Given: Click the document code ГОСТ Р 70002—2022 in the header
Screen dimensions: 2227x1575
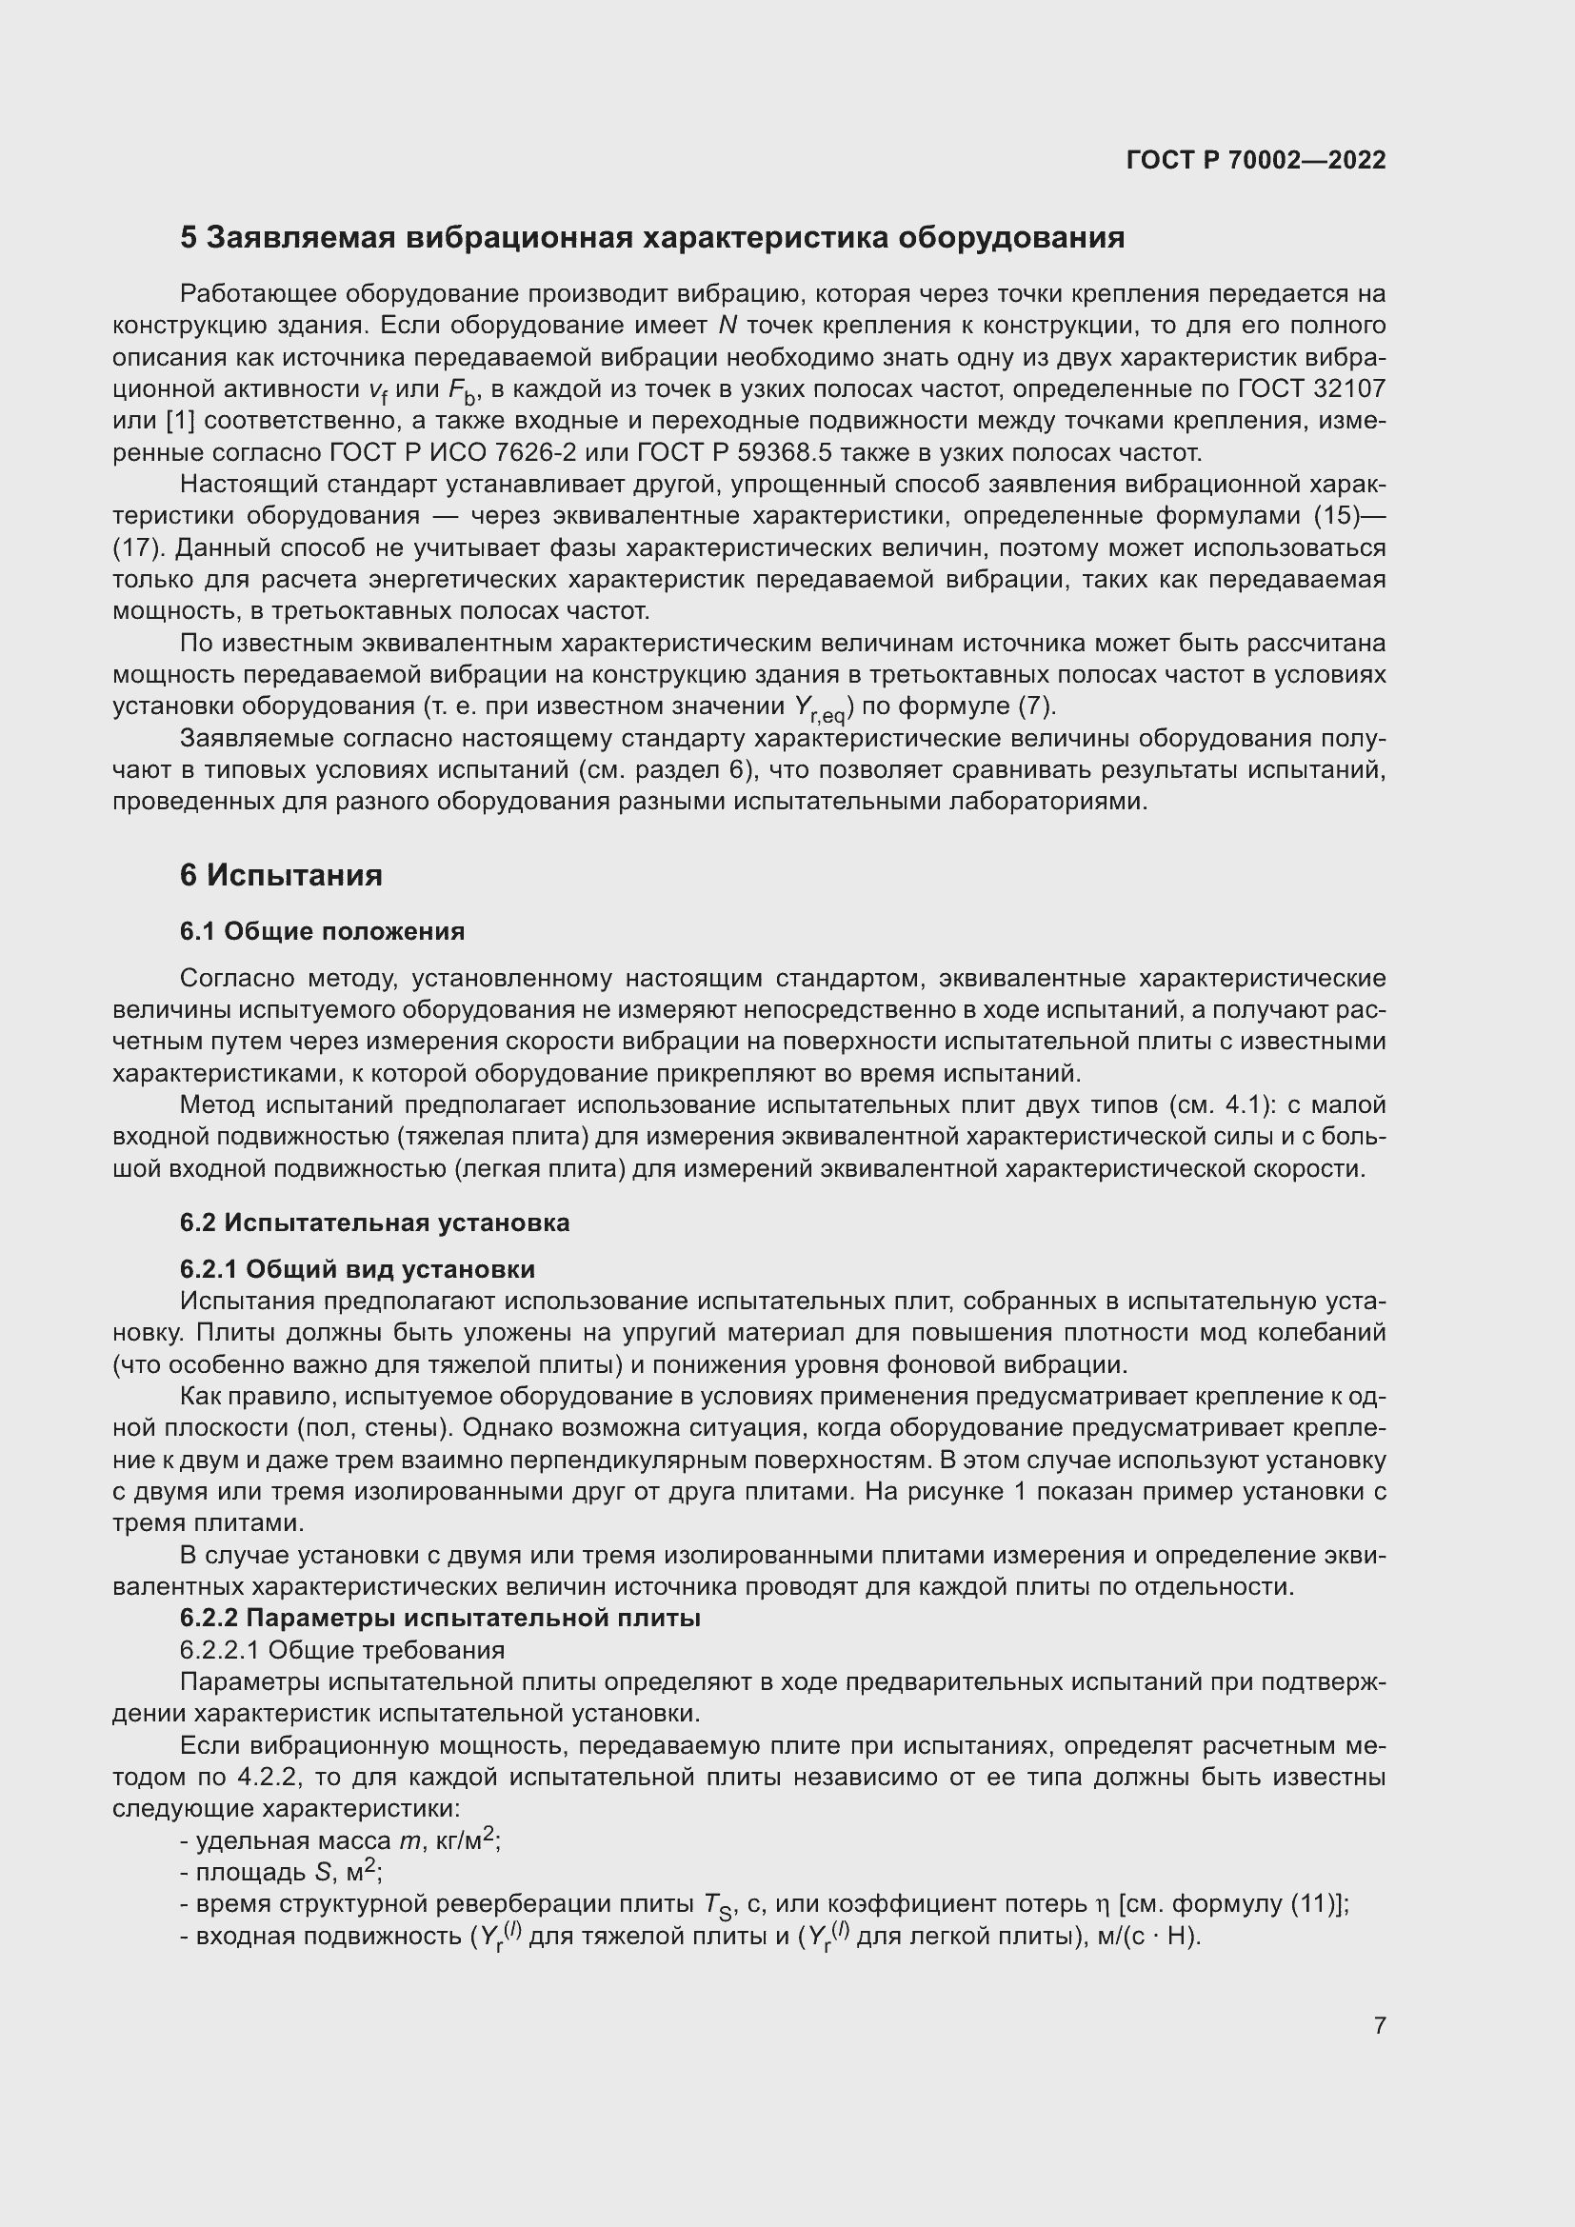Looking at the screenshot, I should [x=1256, y=160].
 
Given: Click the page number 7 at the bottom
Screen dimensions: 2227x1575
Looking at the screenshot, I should [x=1379, y=2025].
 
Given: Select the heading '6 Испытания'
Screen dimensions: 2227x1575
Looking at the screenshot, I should [x=280, y=875].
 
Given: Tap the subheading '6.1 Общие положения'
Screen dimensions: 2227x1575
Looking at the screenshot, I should [x=322, y=931].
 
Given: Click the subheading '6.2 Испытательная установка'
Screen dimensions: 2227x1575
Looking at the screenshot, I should [x=374, y=1223].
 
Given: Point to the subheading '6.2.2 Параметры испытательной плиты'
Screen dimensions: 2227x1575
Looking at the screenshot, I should [x=439, y=1618].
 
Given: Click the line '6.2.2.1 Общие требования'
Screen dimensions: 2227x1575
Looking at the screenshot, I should [x=342, y=1650].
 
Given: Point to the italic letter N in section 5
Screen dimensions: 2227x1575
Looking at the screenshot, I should [x=728, y=325].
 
